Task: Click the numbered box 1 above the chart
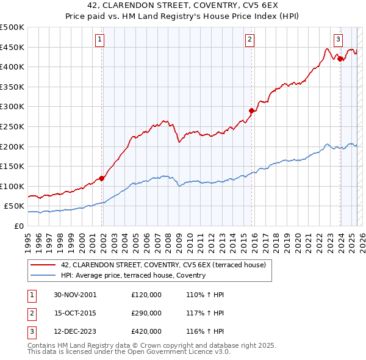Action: pyautogui.click(x=99, y=40)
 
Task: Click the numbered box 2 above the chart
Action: pyautogui.click(x=250, y=40)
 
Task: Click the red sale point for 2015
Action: pyautogui.click(x=251, y=110)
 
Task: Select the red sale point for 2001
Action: pyautogui.click(x=102, y=178)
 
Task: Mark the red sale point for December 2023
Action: pyautogui.click(x=339, y=59)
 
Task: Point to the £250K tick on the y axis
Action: pyautogui.click(x=12, y=126)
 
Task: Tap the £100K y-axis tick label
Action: pyautogui.click(x=12, y=186)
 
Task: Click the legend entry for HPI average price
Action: pyautogui.click(x=133, y=275)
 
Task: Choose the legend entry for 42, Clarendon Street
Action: pyautogui.click(x=163, y=265)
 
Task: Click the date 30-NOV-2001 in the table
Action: pyautogui.click(x=75, y=295)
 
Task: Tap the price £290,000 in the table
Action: pyautogui.click(x=146, y=313)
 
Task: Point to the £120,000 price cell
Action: pyautogui.click(x=146, y=295)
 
